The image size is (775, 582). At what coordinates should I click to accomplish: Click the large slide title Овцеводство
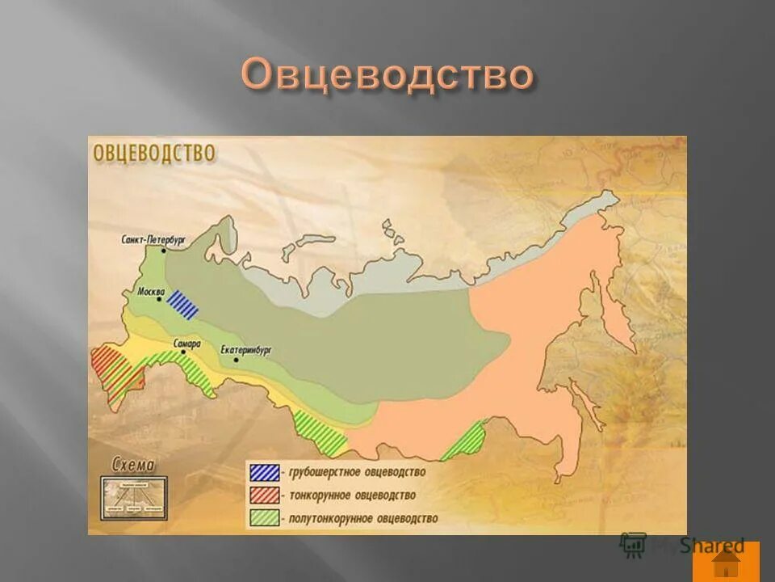(x=387, y=77)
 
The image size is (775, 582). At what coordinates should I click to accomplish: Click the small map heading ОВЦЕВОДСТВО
(x=155, y=154)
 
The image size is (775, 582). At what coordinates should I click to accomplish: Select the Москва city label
(x=152, y=291)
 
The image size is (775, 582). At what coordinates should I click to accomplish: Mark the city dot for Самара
(x=184, y=353)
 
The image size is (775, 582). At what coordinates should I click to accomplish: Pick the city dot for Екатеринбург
(x=236, y=359)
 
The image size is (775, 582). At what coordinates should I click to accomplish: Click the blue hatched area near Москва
(x=182, y=304)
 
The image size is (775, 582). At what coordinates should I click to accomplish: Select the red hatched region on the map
(x=113, y=371)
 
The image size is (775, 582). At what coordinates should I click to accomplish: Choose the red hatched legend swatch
(x=265, y=495)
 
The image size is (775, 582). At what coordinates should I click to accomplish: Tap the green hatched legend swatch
(x=265, y=517)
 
